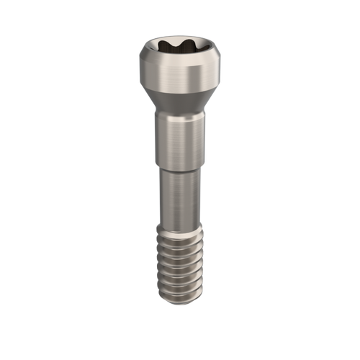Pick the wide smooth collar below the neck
[x=180, y=137]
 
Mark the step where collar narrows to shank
[x=180, y=165]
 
